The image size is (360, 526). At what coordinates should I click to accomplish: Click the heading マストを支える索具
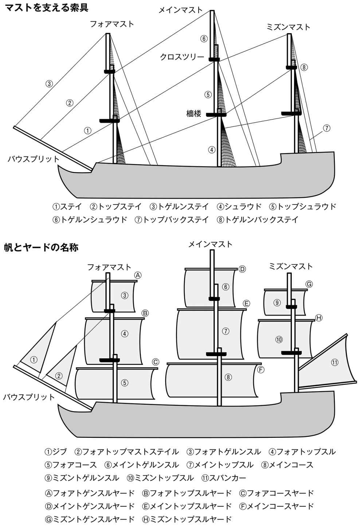46,7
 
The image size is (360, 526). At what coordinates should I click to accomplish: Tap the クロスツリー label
182,57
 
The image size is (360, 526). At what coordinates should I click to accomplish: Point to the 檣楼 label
193,113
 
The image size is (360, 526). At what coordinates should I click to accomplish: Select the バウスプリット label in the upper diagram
33,159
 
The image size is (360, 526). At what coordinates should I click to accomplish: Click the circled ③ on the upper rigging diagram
50,83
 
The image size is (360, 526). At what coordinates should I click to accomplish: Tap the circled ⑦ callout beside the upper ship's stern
326,128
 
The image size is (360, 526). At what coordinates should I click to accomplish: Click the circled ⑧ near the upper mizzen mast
304,67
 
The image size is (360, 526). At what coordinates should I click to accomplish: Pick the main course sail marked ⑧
228,377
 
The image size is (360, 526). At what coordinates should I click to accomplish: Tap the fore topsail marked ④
125,333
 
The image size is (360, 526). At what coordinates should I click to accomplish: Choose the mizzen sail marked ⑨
277,302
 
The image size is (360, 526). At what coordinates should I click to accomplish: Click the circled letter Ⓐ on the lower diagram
137,275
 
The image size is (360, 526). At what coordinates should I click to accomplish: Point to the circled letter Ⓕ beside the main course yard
261,370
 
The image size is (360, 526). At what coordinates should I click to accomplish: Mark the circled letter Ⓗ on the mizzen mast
318,318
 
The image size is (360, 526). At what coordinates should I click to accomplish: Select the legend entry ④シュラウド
239,207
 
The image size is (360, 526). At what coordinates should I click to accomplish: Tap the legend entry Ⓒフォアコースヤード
277,493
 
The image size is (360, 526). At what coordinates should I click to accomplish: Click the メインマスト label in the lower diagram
210,244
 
